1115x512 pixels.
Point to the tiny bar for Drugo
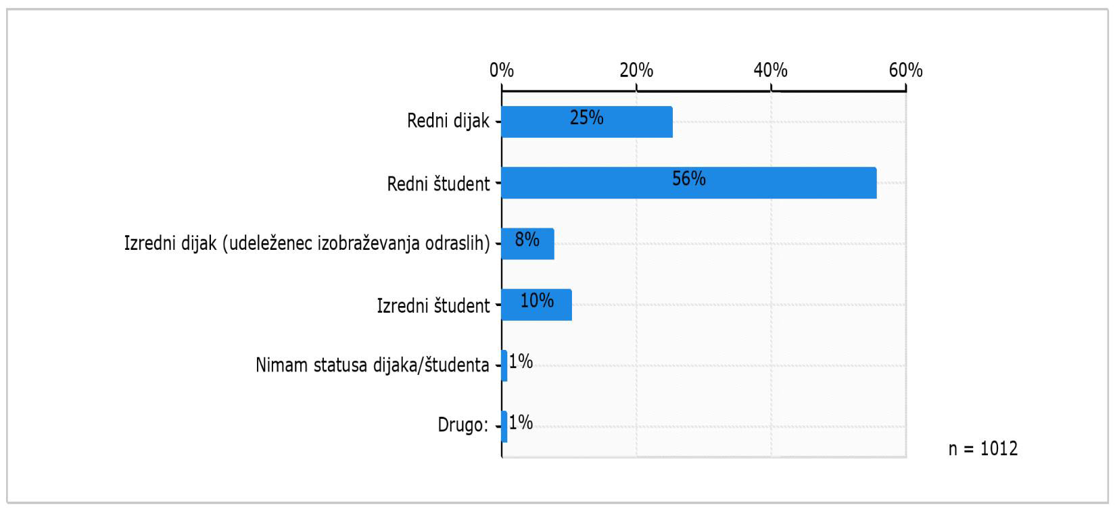[504, 426]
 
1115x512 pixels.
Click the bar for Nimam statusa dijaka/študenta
[504, 365]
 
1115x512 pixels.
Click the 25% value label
[586, 118]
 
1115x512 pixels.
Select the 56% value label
[688, 179]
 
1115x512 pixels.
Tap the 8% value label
[527, 239]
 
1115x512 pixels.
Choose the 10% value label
[537, 300]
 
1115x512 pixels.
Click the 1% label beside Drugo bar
[521, 423]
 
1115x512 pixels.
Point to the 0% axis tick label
[502, 70]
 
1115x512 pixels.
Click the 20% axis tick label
[636, 70]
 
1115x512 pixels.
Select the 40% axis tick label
[771, 70]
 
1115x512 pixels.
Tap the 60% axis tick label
[905, 70]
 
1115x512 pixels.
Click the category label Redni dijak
[448, 122]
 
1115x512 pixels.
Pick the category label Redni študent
[438, 183]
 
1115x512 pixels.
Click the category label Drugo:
[462, 426]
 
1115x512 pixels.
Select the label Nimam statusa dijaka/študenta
[372, 365]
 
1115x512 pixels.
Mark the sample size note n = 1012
[982, 449]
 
